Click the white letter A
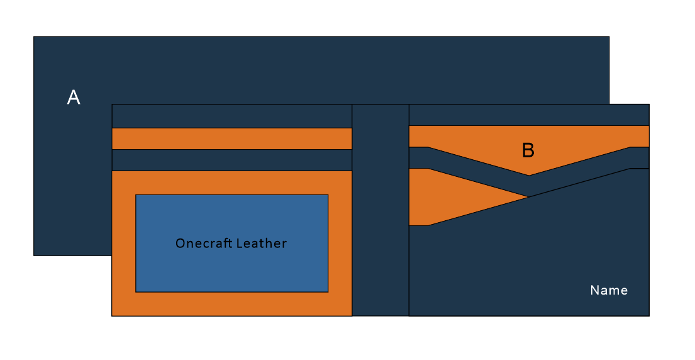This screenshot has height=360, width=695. coord(74,98)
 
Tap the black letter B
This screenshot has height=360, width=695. coord(528,150)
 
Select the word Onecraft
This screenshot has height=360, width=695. coord(201,244)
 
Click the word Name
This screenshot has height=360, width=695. coord(609,290)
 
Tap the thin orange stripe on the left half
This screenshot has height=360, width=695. coord(231,138)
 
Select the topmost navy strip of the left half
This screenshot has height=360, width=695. coord(231,116)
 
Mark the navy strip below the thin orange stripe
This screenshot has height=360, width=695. coord(231,160)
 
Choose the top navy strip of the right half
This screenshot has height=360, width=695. coord(528,115)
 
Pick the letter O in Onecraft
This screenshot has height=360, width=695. coord(180,244)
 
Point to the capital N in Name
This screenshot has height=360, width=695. coord(594,290)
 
